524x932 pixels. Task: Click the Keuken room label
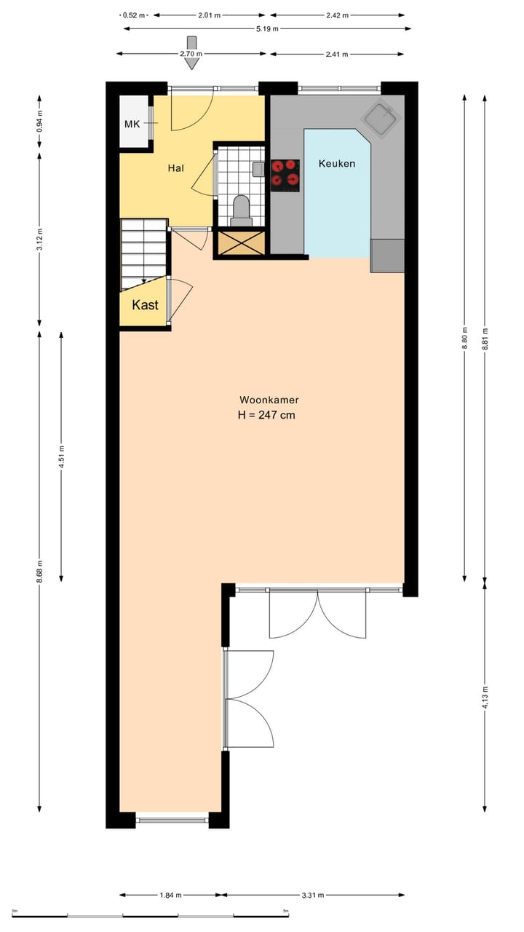(337, 164)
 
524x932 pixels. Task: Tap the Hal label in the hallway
(175, 168)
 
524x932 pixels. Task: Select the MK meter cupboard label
(132, 125)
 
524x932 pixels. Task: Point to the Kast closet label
(145, 306)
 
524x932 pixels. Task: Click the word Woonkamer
(269, 400)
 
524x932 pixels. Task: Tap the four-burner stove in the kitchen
(285, 175)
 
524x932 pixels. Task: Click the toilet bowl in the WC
(242, 210)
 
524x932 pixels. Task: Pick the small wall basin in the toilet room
(258, 170)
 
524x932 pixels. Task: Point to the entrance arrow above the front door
(192, 52)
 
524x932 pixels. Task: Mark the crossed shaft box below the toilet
(241, 242)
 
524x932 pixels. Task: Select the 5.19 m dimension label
(266, 29)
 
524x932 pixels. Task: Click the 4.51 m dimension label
(61, 457)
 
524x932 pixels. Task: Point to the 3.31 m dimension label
(313, 896)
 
